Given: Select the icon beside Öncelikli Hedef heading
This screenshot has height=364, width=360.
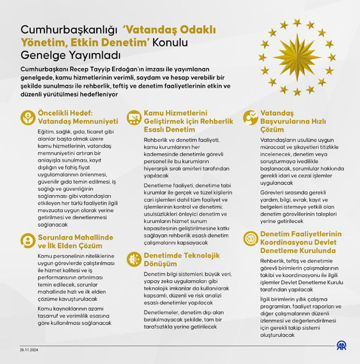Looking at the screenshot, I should pyautogui.click(x=28, y=117).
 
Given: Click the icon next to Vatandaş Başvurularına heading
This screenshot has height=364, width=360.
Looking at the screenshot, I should pyautogui.click(x=251, y=117).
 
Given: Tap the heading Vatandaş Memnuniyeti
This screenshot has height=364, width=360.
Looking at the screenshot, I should pyautogui.click(x=78, y=121).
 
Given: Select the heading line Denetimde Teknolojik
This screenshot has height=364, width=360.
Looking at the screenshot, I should pyautogui.click(x=181, y=254).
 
